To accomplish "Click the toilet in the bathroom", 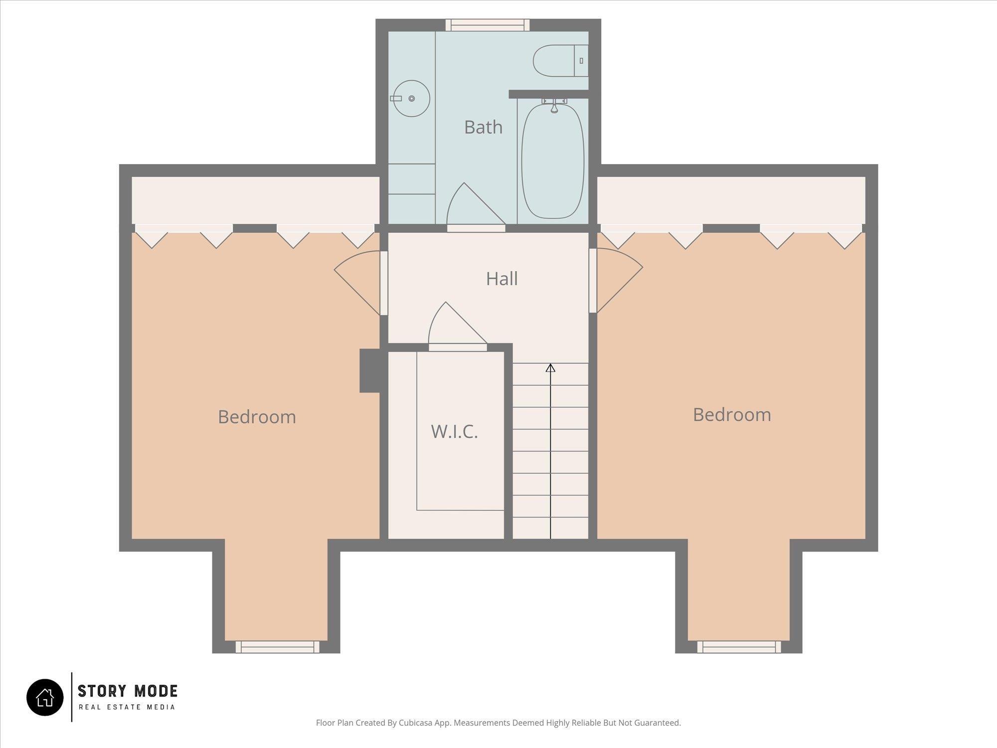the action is click(561, 61).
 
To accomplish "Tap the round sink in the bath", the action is click(411, 99).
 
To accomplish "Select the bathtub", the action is click(552, 161).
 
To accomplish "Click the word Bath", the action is click(483, 127).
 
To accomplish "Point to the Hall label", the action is click(501, 279).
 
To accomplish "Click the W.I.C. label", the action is click(454, 431).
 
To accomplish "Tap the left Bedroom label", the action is click(257, 417).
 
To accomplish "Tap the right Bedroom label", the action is click(732, 415).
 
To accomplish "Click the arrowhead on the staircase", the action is click(550, 368).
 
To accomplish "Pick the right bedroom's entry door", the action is click(616, 281).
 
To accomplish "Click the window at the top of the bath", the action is click(488, 25).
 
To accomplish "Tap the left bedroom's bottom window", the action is click(277, 647).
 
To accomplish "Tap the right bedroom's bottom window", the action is click(739, 647).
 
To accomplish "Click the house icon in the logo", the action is click(45, 697).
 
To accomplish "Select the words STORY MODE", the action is click(128, 691).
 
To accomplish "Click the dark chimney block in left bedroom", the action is click(370, 371).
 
